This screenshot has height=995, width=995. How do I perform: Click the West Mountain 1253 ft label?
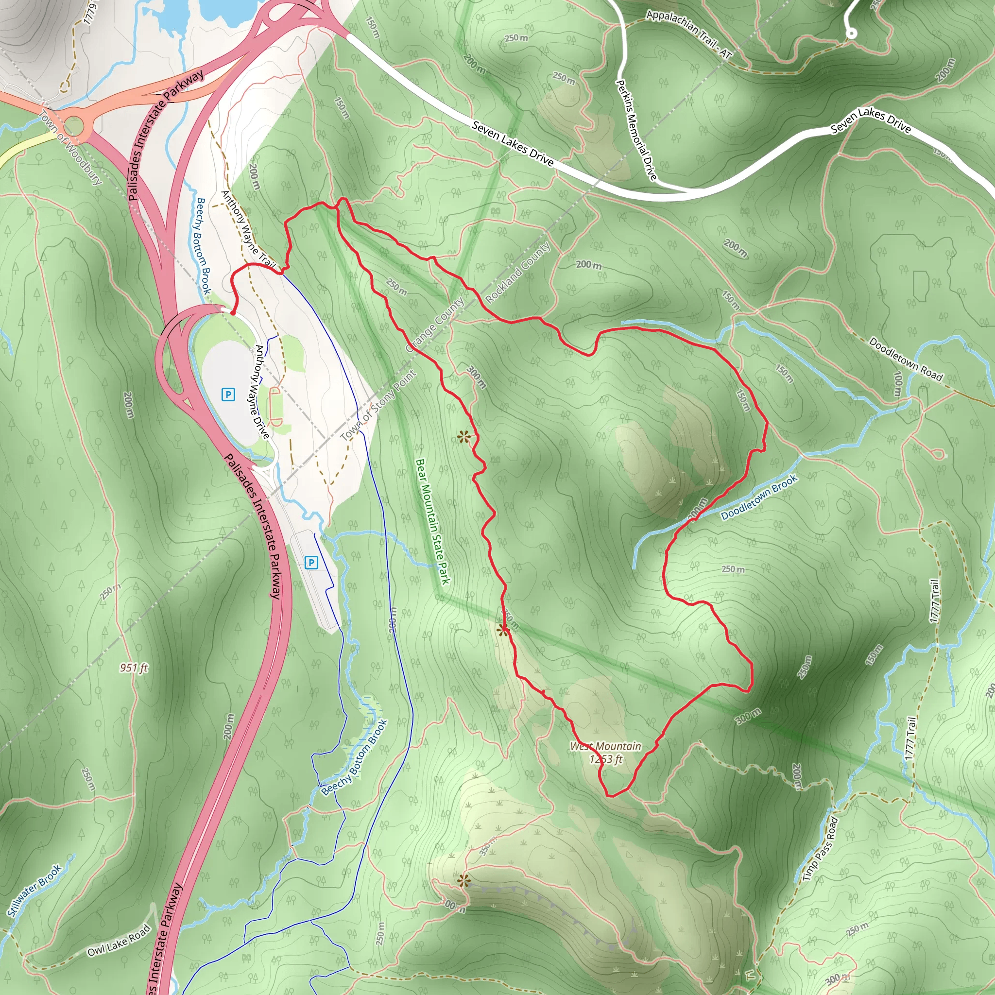point(606,753)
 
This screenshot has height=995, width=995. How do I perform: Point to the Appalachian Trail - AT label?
point(688,34)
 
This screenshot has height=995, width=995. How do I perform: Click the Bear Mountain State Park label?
point(432,521)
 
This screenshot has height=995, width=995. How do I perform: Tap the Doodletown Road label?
point(906,359)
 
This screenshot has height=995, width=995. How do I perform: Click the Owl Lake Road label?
point(119,940)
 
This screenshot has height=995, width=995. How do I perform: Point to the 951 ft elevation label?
point(134,668)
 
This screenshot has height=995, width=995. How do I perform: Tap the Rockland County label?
point(517,273)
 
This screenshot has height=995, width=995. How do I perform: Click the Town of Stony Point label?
point(378,406)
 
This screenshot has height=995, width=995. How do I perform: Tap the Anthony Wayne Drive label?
point(262,392)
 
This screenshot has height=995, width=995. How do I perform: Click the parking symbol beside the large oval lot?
point(228,395)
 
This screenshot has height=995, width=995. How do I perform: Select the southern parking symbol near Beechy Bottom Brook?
point(311,563)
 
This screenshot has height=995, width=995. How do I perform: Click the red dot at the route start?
point(233,312)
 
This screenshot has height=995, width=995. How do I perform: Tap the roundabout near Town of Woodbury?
point(74,126)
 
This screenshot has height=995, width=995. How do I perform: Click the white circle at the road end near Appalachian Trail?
point(852,34)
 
